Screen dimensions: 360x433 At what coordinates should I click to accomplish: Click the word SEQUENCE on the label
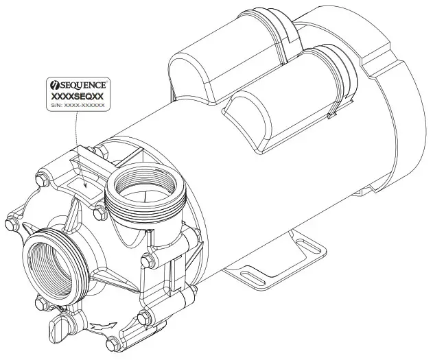pos(88,85)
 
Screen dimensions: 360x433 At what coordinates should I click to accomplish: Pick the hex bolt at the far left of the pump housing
pos(10,223)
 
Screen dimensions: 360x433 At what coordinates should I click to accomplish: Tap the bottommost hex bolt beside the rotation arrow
pos(143,317)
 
